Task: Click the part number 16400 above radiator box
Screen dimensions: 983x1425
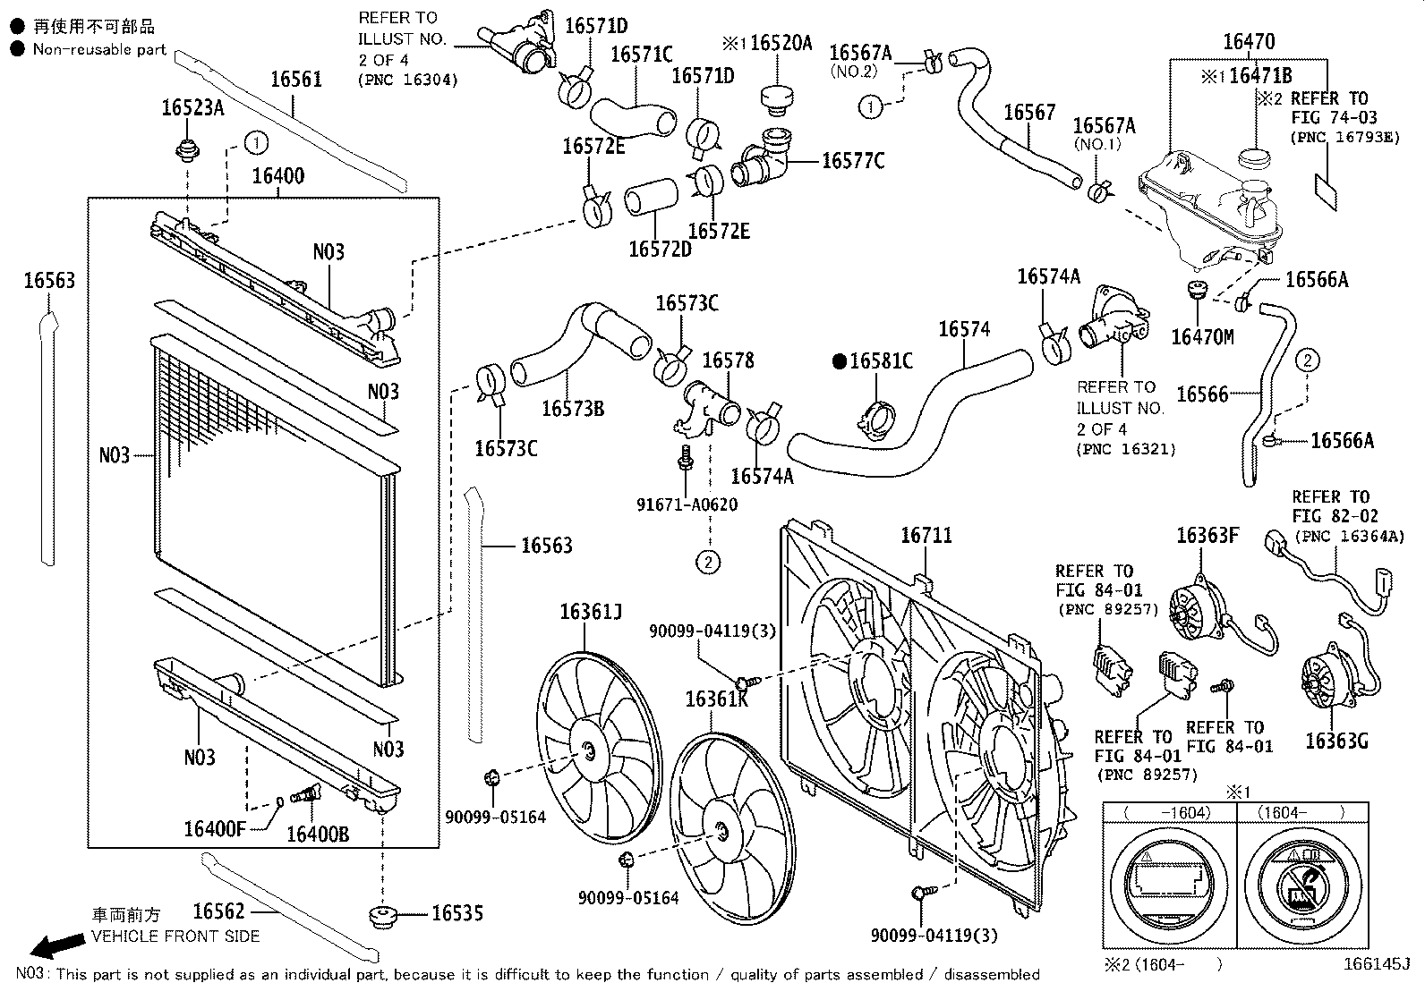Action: point(277,176)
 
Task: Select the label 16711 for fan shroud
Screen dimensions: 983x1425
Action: point(926,536)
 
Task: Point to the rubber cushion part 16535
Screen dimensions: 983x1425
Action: point(383,917)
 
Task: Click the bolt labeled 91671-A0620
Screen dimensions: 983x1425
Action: point(685,457)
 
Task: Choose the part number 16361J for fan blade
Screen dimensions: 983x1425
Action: point(591,612)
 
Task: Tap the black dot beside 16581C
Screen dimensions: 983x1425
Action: point(839,361)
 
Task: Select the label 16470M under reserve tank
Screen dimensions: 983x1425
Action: point(1202,336)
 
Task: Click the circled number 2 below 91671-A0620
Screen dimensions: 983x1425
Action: point(708,562)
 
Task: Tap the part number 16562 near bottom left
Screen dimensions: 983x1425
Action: point(218,911)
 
